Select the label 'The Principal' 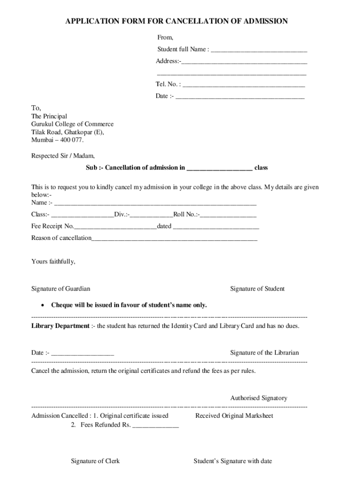(x=49, y=116)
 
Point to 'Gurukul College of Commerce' (x=72, y=124)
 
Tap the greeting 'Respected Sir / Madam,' (x=63, y=156)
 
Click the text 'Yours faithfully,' (x=53, y=261)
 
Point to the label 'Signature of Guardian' (x=61, y=289)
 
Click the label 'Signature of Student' (x=257, y=289)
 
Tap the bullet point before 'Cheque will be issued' (x=43, y=305)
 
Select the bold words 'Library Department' (x=60, y=326)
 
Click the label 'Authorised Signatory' (x=259, y=398)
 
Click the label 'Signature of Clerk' (x=95, y=461)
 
